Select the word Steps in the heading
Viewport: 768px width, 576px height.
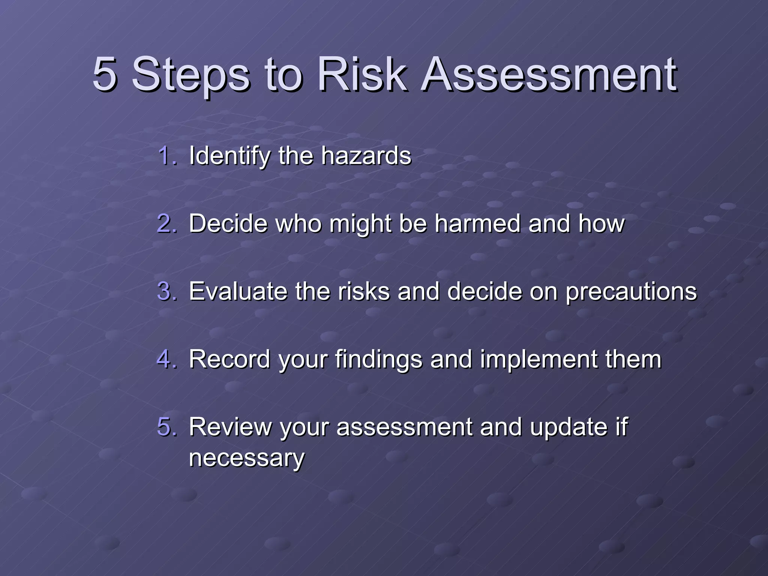[x=190, y=75]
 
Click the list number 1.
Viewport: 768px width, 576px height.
[x=166, y=155]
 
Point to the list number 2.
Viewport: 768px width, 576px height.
[x=166, y=223]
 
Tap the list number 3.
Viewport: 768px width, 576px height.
[x=166, y=291]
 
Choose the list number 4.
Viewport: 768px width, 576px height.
[x=166, y=359]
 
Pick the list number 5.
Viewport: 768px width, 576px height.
[x=166, y=427]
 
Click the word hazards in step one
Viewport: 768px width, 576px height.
[x=366, y=155]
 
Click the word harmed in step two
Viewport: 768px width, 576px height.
[x=477, y=223]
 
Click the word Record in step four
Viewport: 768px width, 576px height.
[x=229, y=359]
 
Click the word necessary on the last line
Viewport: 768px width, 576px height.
[x=247, y=458]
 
